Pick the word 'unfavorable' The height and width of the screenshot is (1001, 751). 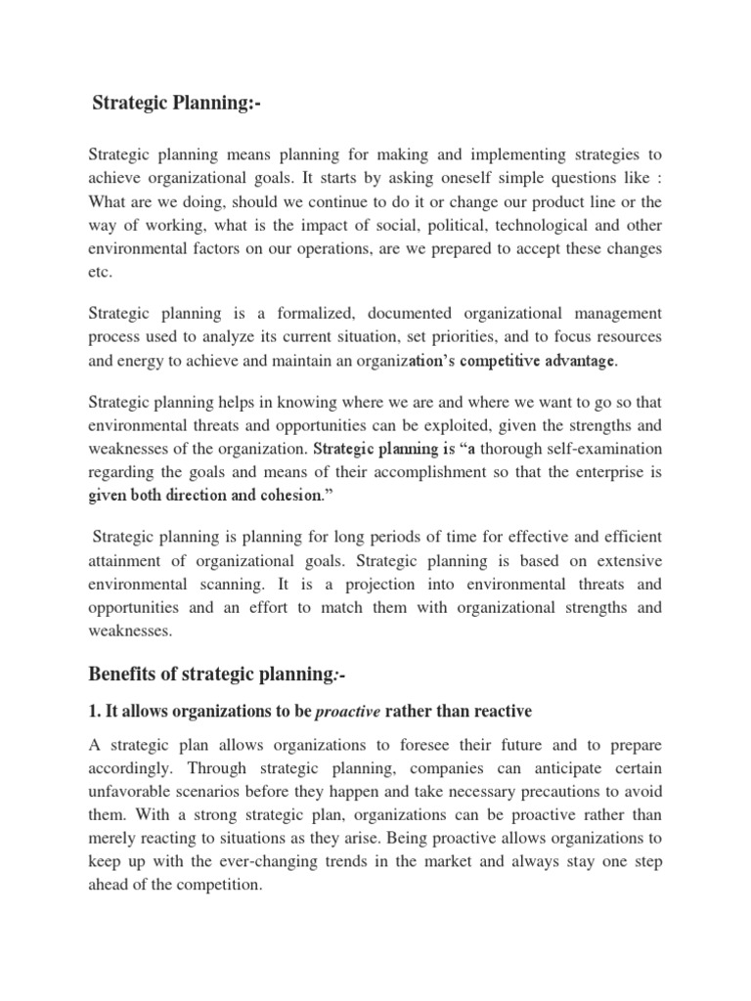pos(132,793)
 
